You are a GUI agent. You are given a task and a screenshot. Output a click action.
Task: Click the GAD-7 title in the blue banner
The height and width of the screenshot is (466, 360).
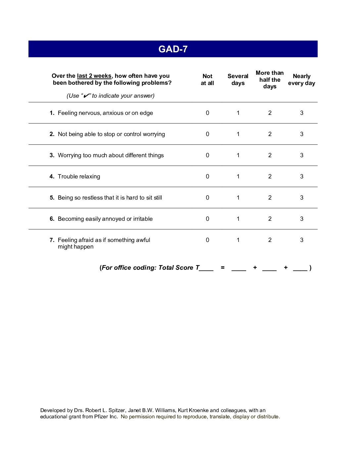pos(173,49)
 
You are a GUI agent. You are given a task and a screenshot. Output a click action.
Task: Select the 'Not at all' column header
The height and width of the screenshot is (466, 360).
pos(207,80)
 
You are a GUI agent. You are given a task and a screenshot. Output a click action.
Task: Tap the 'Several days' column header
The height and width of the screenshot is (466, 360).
pos(238,80)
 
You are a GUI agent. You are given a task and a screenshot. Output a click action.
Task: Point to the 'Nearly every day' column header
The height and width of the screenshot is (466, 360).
pos(301,80)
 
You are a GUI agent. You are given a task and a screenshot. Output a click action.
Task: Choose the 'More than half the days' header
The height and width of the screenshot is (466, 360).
pos(270,79)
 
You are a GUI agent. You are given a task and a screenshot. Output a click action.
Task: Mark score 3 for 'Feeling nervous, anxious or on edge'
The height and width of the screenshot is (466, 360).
pos(302,113)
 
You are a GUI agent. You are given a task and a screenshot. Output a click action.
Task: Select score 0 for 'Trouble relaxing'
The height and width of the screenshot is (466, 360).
pos(207,176)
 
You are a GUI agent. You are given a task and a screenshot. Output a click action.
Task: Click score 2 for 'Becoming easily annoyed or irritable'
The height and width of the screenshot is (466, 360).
pos(270,219)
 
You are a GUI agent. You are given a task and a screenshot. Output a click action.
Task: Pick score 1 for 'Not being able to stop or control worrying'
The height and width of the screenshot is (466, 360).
pos(238,134)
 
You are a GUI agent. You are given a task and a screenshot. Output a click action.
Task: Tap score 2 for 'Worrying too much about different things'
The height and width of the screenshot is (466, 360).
pos(270,155)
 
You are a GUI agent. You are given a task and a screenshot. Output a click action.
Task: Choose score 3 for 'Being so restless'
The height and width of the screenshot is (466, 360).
pos(302,198)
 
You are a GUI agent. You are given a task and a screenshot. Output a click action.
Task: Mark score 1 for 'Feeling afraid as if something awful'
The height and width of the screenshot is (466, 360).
pos(238,240)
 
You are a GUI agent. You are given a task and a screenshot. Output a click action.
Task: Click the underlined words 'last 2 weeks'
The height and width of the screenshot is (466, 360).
pos(94,76)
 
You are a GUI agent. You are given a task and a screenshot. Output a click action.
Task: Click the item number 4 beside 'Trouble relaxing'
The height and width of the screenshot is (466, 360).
pos(52,176)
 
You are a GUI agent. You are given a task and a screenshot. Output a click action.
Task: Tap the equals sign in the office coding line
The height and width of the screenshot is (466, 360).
pos(223,267)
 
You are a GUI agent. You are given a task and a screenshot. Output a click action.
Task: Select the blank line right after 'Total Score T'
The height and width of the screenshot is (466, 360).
pos(206,269)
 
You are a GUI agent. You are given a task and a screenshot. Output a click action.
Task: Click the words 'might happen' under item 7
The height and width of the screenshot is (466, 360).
pos(75,247)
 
